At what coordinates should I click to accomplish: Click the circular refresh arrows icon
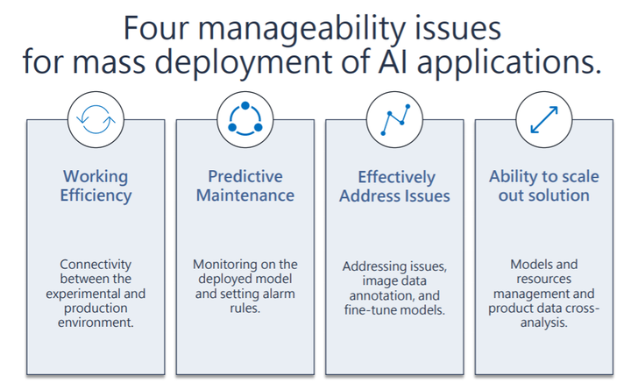click(x=96, y=119)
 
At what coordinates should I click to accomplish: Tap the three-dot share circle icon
click(x=245, y=118)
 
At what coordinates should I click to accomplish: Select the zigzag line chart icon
click(x=395, y=119)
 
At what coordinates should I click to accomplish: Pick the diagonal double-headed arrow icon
click(x=544, y=119)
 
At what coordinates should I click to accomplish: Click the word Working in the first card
click(x=96, y=177)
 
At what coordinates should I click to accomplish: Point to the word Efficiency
click(x=96, y=196)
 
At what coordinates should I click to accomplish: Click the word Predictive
click(x=245, y=176)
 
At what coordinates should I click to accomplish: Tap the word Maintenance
click(x=245, y=195)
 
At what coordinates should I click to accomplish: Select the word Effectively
click(x=396, y=178)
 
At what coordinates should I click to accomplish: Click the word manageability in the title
click(x=301, y=29)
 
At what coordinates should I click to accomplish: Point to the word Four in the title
click(x=156, y=27)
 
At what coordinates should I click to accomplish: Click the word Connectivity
click(x=96, y=265)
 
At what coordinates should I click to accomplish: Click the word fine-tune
click(x=367, y=310)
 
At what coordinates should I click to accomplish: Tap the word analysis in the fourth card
click(x=544, y=323)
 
